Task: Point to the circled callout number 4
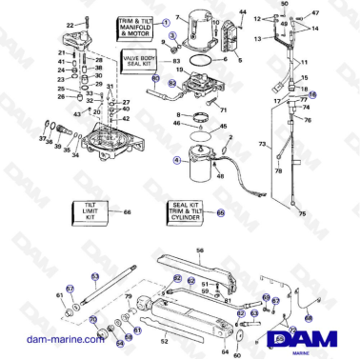(x=176, y=161)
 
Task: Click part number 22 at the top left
(x=69, y=24)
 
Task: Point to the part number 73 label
(x=261, y=143)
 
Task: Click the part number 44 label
(x=242, y=12)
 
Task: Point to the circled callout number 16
(x=312, y=95)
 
